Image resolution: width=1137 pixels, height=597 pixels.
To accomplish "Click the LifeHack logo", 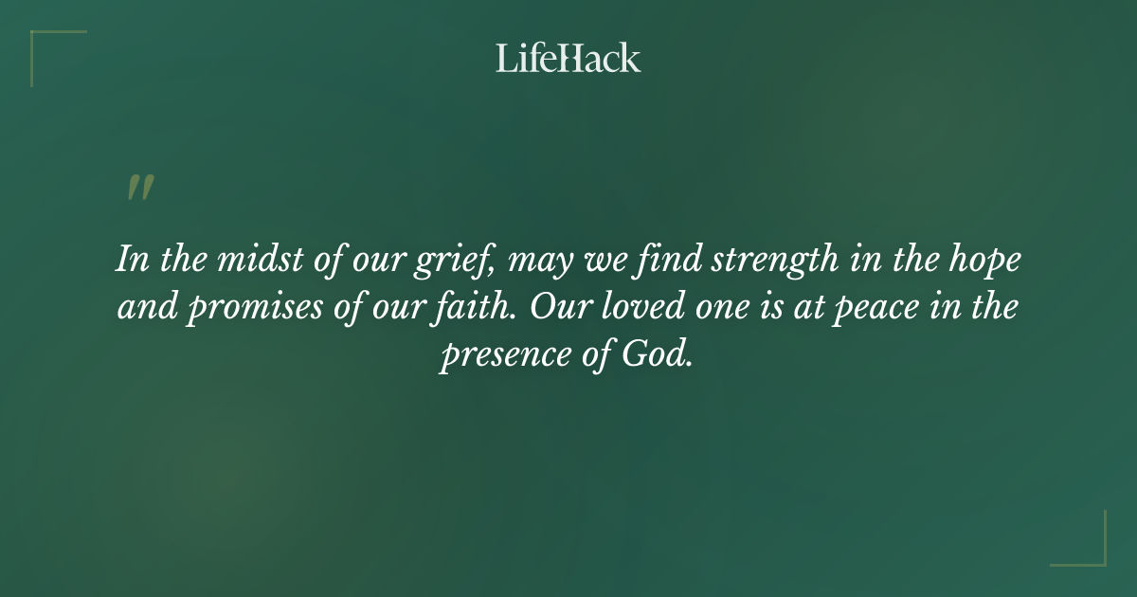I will point(568,59).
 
